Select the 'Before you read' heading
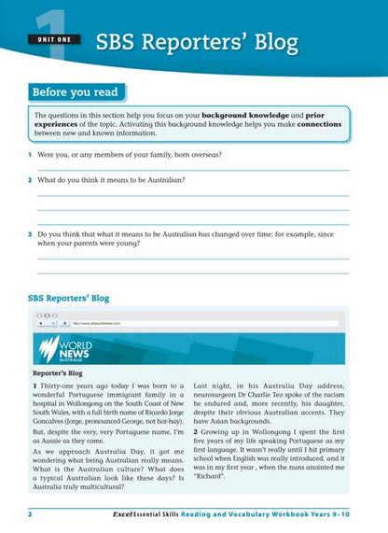pos(75,92)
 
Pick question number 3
pos(30,233)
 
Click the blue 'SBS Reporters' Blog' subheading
pos(70,298)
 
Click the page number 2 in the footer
pos(31,513)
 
